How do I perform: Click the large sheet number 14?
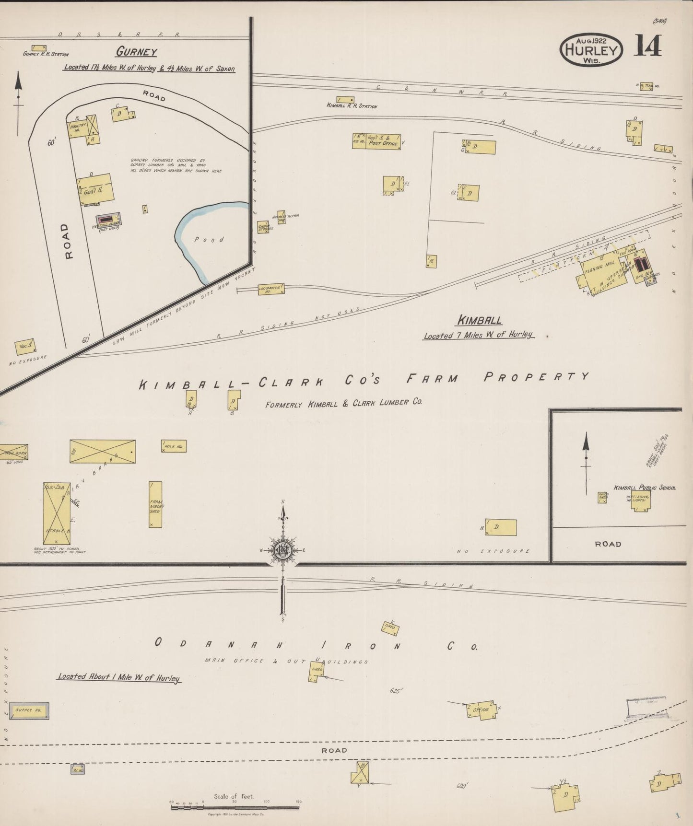(648, 47)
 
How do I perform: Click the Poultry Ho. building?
(78, 128)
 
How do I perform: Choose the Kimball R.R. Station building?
(345, 99)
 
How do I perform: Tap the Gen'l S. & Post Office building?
(383, 141)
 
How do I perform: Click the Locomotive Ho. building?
(271, 289)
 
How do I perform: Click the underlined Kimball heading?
(480, 320)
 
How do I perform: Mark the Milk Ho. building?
(174, 446)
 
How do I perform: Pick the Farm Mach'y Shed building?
(155, 504)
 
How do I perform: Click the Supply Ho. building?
(29, 710)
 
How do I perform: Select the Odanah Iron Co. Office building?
(482, 710)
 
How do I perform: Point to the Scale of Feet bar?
(235, 808)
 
